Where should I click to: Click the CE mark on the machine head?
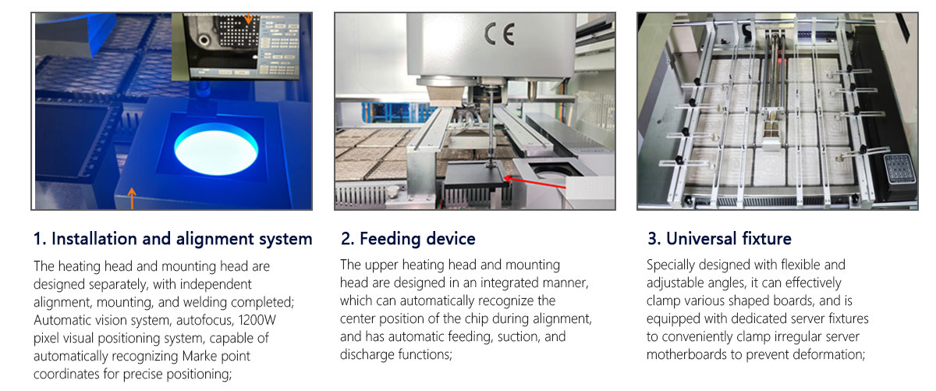click(x=499, y=34)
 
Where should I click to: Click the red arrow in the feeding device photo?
click(x=534, y=183)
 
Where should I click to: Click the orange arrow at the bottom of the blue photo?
click(x=132, y=198)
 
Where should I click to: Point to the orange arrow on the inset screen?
click(x=248, y=18)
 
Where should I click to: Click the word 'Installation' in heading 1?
click(x=94, y=239)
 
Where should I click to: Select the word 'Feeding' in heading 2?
click(x=390, y=239)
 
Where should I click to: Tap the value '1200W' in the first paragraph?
click(x=257, y=320)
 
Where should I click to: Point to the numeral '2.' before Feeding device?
click(x=348, y=239)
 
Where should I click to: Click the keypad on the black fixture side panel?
click(x=899, y=169)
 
